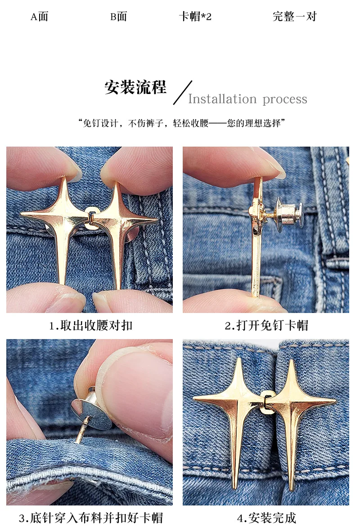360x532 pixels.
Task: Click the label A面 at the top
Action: click(40, 16)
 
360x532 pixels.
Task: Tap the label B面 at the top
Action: click(118, 16)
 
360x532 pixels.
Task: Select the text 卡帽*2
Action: click(195, 16)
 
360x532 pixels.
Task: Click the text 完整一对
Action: click(294, 16)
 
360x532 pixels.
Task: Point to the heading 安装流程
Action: click(135, 87)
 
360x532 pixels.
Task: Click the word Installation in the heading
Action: click(222, 99)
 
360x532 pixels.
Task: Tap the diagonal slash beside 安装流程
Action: click(183, 93)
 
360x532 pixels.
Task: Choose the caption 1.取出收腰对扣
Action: click(91, 326)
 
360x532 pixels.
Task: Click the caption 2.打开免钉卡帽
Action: click(266, 326)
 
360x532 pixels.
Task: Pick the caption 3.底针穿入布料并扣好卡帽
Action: click(91, 518)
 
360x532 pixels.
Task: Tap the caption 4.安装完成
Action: click(266, 518)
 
